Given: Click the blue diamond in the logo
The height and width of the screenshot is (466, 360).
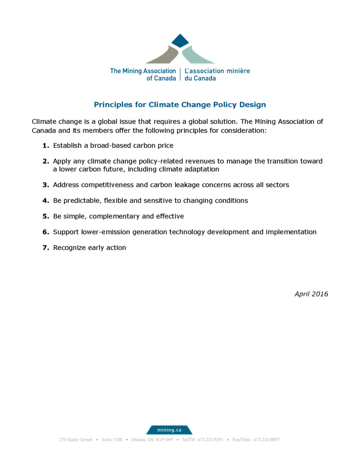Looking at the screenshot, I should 180,41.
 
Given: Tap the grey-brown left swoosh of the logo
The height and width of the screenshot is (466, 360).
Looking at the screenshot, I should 164,56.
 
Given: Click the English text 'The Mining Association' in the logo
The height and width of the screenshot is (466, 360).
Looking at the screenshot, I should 143,71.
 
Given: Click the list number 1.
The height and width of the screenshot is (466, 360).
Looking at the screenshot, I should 45,145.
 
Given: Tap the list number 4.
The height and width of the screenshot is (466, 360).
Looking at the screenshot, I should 45,201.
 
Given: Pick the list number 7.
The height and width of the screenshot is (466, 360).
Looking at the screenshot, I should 45,248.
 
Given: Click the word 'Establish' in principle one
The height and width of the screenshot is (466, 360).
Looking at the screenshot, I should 67,145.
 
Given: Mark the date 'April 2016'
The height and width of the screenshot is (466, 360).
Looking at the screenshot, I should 311,294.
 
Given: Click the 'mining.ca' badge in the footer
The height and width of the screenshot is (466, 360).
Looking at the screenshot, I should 169,429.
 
